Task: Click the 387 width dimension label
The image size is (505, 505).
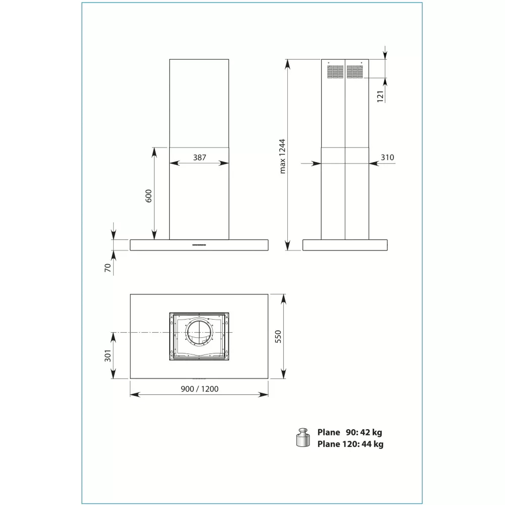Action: pos(199,157)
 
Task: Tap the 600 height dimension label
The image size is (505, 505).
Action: pos(148,196)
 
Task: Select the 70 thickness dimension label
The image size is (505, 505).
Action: pos(108,268)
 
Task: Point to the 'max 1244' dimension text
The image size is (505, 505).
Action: pos(282,156)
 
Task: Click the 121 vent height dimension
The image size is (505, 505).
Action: pos(380,96)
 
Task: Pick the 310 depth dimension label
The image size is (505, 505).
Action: pos(387,157)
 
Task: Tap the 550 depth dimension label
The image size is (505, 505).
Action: pos(278,336)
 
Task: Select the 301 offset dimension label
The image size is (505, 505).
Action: pos(108,356)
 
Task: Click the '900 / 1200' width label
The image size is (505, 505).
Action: pos(199,389)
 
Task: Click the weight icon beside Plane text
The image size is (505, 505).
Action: pos(303,437)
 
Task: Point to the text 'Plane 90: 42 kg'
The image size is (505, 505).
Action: pos(350,432)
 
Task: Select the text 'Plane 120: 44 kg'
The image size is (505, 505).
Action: pos(350,444)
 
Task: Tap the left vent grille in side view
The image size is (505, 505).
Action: pos(335,72)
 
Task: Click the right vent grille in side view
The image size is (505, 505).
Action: pos(355,72)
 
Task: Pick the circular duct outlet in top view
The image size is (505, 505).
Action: pos(199,332)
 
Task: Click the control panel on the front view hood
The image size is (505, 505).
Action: pos(199,245)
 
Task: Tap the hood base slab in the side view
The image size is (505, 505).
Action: pos(345,245)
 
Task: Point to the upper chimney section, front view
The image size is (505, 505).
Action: pos(199,104)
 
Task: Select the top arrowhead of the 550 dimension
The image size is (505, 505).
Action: pos(283,299)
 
